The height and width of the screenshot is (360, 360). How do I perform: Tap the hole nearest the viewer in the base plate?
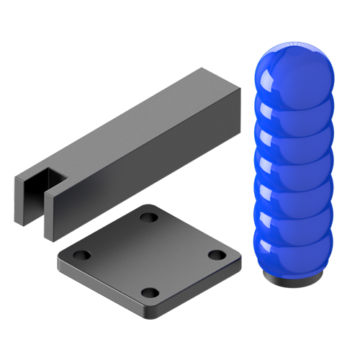point(149,292)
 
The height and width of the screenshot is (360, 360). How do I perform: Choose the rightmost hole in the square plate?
point(214,253)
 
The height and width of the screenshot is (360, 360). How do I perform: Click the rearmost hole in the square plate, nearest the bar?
point(149,217)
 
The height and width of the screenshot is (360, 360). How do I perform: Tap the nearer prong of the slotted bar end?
point(52,216)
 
